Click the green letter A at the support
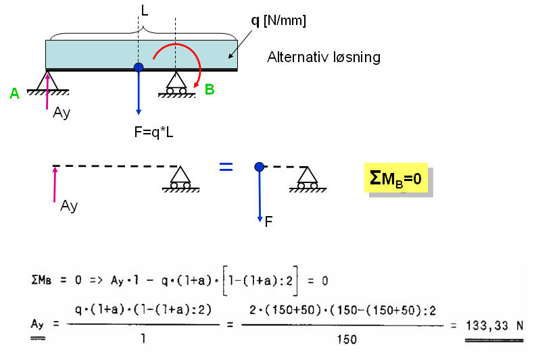click(15, 93)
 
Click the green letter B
click(210, 89)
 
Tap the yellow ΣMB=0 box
click(395, 178)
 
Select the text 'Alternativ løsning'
click(324, 57)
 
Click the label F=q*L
click(153, 132)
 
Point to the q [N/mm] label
click(278, 21)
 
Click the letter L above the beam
click(145, 11)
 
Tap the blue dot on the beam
click(139, 67)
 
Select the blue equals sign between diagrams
click(226, 167)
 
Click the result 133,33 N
click(494, 326)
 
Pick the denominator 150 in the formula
click(347, 339)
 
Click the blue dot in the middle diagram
click(259, 167)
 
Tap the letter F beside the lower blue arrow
click(268, 222)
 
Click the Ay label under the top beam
click(62, 113)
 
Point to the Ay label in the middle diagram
click(69, 206)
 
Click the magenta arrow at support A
click(47, 91)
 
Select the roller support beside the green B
click(176, 85)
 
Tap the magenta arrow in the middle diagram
click(55, 184)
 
